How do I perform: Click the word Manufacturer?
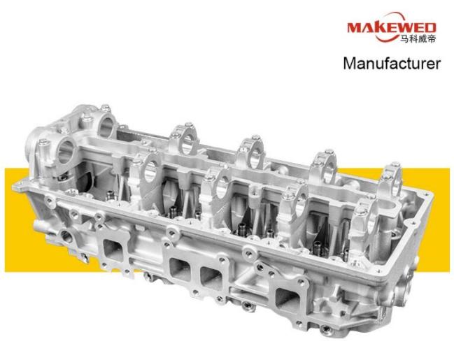(x=392, y=63)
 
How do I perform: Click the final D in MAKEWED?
(x=430, y=28)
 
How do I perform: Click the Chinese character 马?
(x=404, y=38)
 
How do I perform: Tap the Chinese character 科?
(x=413, y=38)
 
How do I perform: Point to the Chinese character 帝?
(x=431, y=38)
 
